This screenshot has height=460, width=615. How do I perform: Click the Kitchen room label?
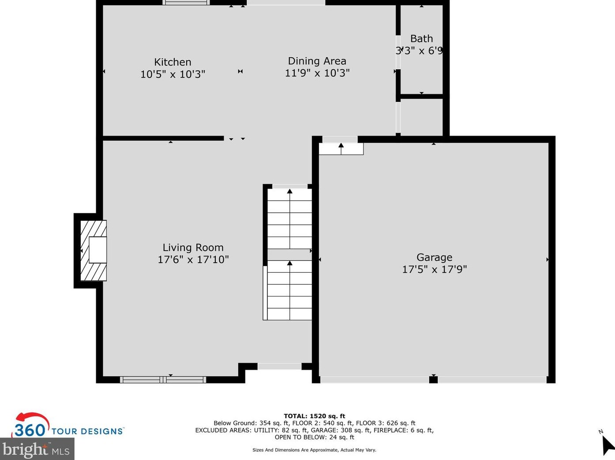pos(172,62)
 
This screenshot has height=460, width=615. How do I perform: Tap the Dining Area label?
pos(317,61)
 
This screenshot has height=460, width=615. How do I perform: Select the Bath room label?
pos(421,39)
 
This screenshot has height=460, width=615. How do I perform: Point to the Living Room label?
pos(193,248)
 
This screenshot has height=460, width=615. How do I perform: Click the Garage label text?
pos(434,257)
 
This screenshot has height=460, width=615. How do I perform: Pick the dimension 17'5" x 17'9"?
pos(434,269)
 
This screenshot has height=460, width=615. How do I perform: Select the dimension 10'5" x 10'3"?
pos(172,74)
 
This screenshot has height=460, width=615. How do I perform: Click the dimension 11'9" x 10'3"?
pos(317,73)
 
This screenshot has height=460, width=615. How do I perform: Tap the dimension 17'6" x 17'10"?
pos(193,260)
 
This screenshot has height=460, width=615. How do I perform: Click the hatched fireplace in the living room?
pos(93,251)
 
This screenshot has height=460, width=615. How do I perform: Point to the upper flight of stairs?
pos(289,218)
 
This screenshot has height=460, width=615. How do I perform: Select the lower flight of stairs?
pos(289,290)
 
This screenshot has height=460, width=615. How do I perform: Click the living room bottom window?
pos(163,379)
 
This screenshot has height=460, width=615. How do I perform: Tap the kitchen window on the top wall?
pos(186,3)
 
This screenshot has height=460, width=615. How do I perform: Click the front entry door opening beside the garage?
pos(279,366)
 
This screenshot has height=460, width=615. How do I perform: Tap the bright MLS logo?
pos(36,450)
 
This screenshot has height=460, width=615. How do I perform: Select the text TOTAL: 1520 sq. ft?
pos(314,416)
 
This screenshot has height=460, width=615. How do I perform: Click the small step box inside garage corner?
pos(341,149)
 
